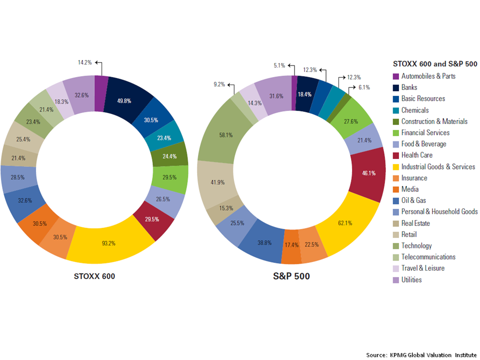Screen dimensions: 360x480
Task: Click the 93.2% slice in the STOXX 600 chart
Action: coord(109,243)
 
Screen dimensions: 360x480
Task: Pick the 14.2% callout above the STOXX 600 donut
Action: coord(84,63)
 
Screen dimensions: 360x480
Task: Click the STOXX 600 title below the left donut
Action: coord(94,276)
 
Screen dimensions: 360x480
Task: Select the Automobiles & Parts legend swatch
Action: coord(395,76)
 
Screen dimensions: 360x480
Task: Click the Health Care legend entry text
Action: coord(417,155)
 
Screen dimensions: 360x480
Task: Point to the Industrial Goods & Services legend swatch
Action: coord(395,166)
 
